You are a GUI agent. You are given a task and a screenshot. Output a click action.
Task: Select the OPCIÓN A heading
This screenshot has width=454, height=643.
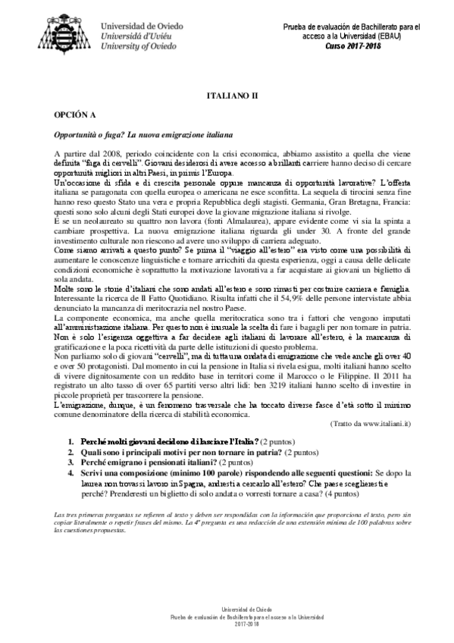click(x=74, y=118)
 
